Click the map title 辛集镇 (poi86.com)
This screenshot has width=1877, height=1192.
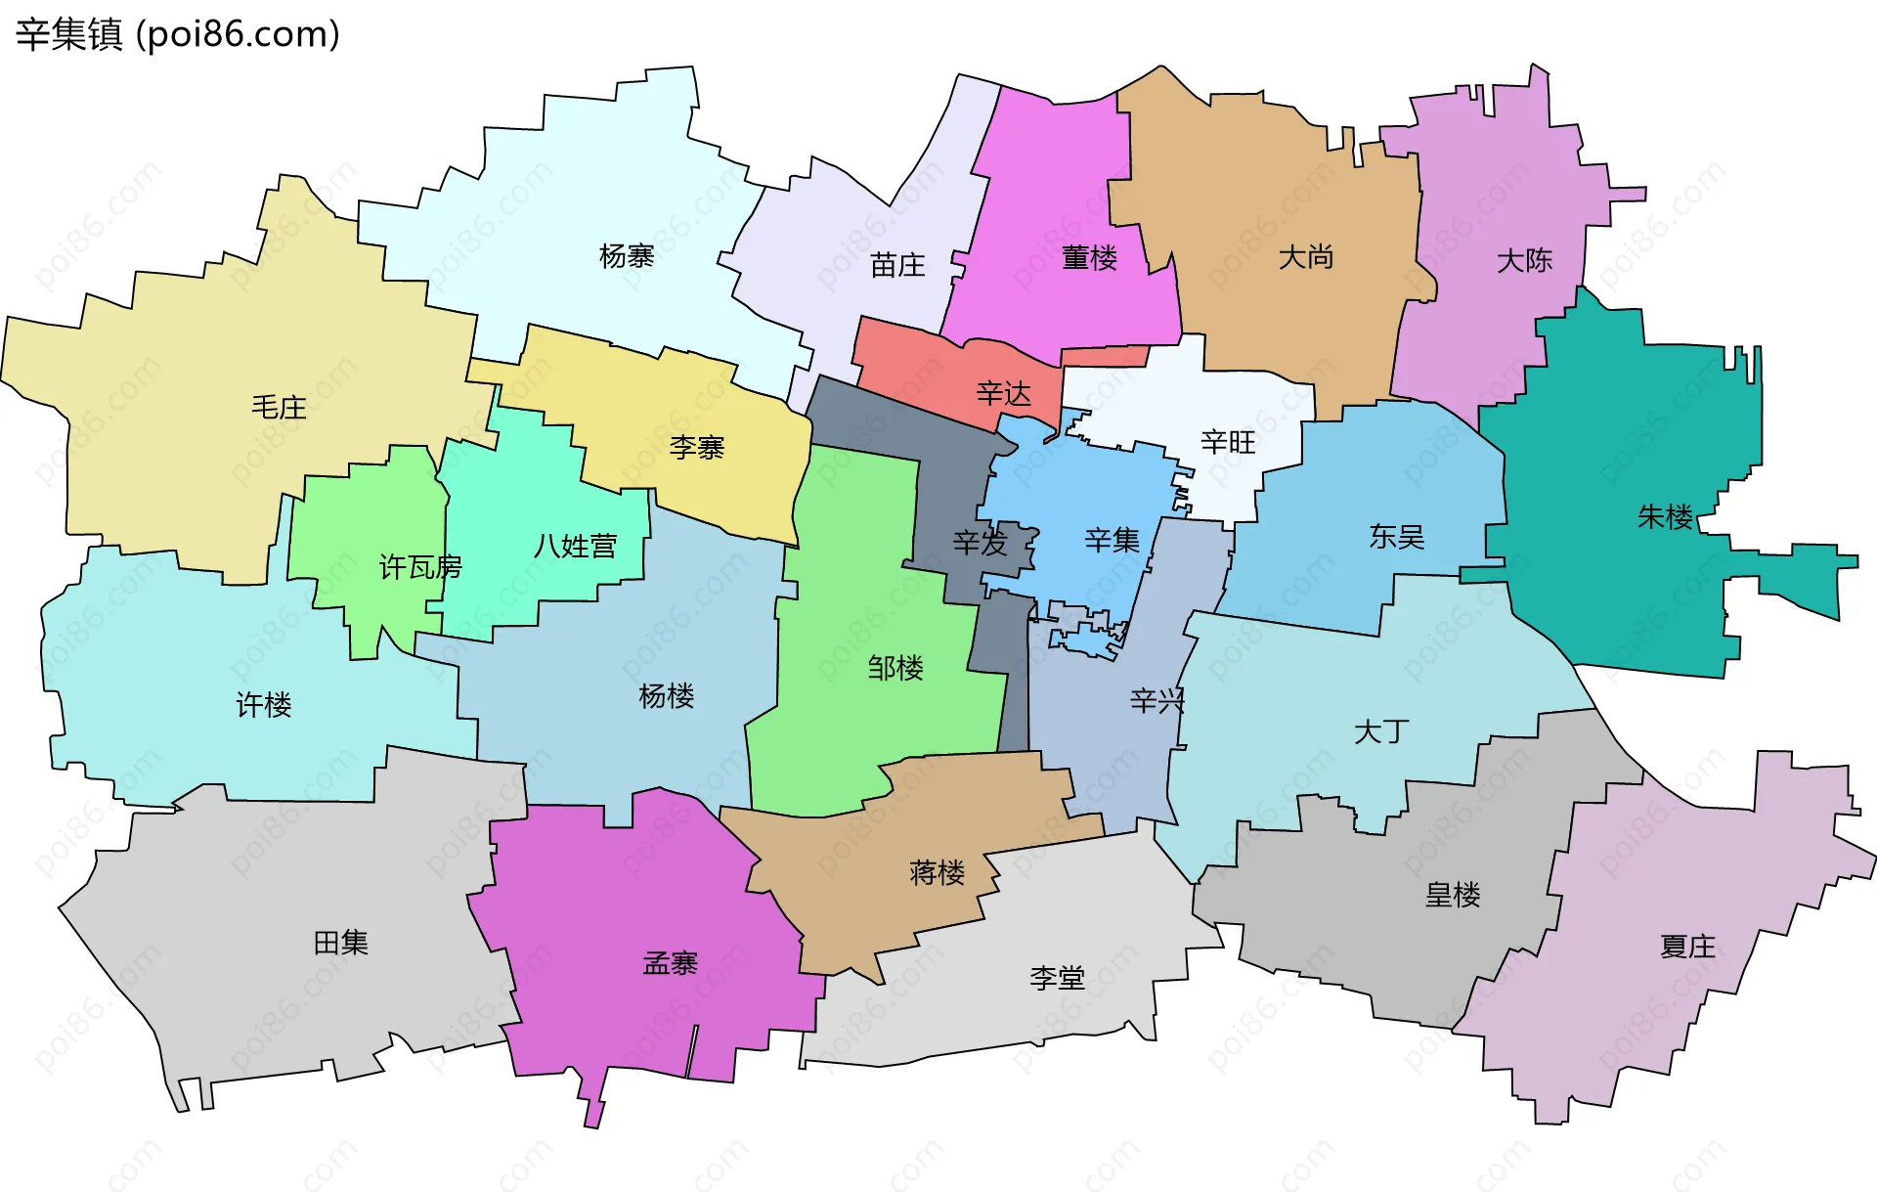[x=177, y=34]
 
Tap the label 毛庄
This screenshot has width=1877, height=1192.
[x=279, y=407]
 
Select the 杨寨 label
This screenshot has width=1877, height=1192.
[x=627, y=256]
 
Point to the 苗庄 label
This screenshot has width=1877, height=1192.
[x=897, y=265]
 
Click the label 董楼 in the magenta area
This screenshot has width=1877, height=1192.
[x=1089, y=258]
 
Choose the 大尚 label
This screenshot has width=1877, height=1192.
[x=1306, y=257]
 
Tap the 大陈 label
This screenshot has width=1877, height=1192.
[x=1524, y=260]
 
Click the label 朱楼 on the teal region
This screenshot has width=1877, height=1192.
[x=1665, y=516]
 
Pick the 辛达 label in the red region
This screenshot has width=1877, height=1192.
[x=1003, y=394]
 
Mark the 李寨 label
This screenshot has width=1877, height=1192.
[x=696, y=448]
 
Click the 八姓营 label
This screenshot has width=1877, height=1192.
[x=575, y=546]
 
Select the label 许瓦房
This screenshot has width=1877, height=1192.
[x=420, y=567]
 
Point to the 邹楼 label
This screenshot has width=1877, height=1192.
[x=895, y=668]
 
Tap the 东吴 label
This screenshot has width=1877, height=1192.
[x=1396, y=536]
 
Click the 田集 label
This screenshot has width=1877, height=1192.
[x=340, y=943]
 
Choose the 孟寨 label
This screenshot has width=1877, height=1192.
[x=670, y=963]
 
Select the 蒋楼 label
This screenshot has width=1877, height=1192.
[x=937, y=872]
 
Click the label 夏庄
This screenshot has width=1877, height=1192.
[x=1687, y=947]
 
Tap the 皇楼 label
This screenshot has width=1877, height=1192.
[x=1453, y=895]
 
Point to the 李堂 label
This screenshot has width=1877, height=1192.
[x=1057, y=978]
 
